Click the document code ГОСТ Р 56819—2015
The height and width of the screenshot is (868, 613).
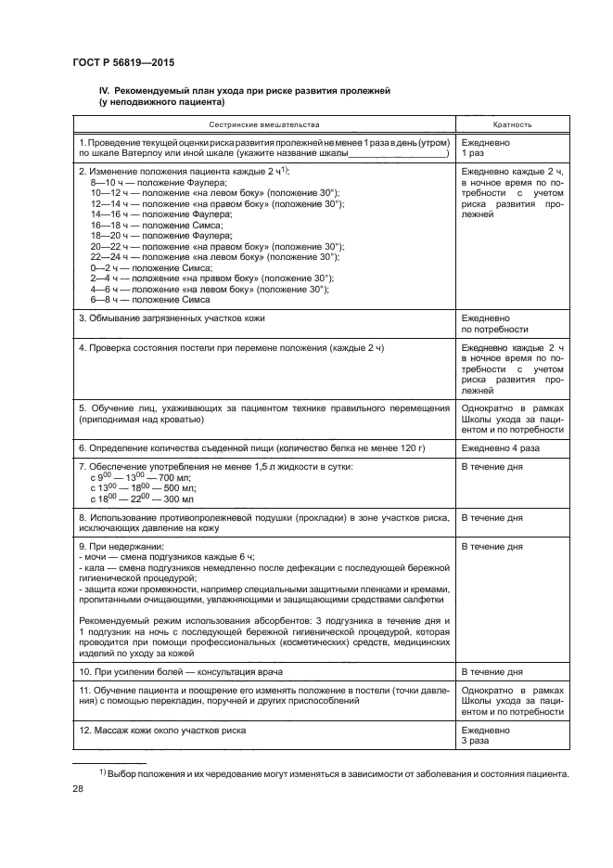[x=123, y=62]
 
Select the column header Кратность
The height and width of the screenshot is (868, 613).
[x=512, y=123]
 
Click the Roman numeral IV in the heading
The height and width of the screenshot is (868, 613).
[x=104, y=91]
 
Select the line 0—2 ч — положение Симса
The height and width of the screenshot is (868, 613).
[x=144, y=268]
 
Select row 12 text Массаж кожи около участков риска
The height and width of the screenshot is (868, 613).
[x=162, y=730]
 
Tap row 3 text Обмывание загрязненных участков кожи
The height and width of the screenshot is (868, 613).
[x=172, y=318]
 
